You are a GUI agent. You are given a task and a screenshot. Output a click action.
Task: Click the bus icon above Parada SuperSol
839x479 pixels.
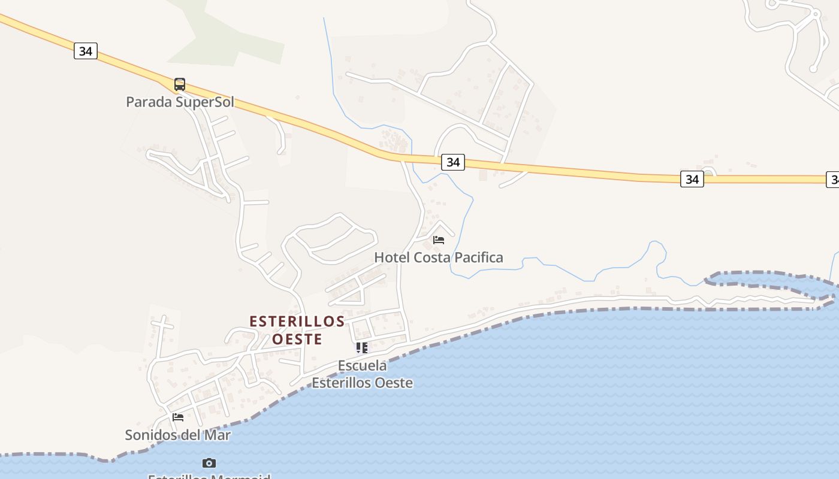tap(180, 84)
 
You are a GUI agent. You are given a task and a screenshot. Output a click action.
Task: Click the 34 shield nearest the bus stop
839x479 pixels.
tap(86, 51)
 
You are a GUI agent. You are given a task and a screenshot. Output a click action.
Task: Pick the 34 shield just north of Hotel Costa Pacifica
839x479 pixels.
tap(453, 162)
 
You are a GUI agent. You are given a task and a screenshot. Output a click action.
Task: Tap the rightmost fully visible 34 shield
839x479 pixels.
tap(692, 178)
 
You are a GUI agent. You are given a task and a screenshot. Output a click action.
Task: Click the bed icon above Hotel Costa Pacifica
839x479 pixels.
tap(439, 240)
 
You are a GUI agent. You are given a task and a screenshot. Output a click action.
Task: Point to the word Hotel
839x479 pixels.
tap(390, 257)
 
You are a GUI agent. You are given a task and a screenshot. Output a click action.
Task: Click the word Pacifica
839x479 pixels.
tap(478, 257)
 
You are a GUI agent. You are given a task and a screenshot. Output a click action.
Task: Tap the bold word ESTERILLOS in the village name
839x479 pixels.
tap(297, 322)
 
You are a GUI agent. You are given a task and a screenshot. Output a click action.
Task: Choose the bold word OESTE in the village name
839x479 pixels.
tap(297, 339)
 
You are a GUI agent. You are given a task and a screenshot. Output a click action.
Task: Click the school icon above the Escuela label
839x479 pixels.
tap(362, 348)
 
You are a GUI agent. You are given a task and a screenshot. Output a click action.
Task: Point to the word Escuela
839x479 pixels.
tap(362, 365)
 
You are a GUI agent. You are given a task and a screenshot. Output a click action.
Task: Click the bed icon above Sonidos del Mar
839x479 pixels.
tap(178, 417)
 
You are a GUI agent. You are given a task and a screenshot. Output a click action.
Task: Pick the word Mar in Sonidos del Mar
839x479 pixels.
tap(218, 435)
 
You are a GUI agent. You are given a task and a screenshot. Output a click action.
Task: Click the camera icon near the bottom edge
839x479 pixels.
tap(209, 463)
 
